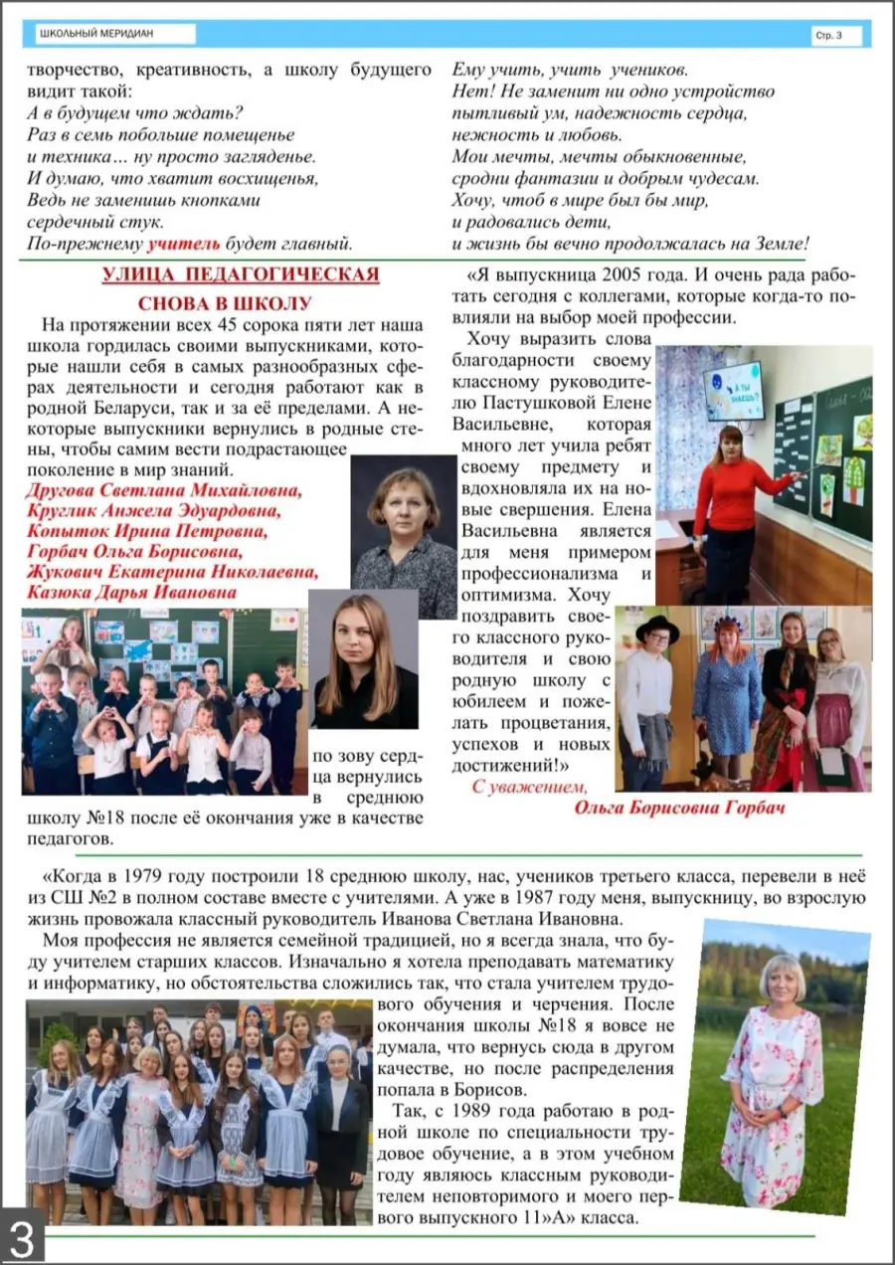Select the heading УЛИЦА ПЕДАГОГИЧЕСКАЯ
pyautogui.click(x=240, y=274)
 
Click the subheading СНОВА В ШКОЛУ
pyautogui.click(x=239, y=303)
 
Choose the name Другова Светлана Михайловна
pyautogui.click(x=164, y=491)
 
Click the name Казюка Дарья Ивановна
pyautogui.click(x=131, y=593)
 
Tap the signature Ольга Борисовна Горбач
pyautogui.click(x=679, y=808)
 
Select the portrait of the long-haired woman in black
pyautogui.click(x=363, y=660)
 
